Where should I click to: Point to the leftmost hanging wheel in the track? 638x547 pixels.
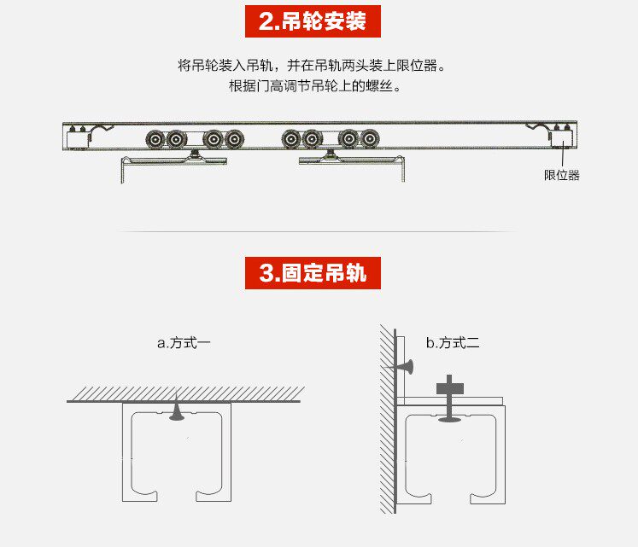click(x=156, y=138)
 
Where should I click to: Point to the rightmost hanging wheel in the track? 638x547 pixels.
click(x=370, y=138)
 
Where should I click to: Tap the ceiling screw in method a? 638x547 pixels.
click(x=176, y=412)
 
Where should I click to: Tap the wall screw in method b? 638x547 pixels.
click(x=402, y=367)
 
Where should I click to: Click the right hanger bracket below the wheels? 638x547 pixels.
click(x=350, y=161)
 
